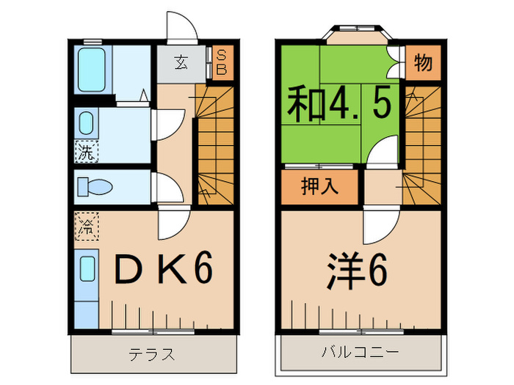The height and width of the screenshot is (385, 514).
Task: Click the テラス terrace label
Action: [152, 355]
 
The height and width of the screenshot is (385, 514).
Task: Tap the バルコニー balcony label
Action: [360, 353]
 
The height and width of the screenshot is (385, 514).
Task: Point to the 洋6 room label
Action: [357, 271]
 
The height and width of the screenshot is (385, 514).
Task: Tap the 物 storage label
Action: [422, 64]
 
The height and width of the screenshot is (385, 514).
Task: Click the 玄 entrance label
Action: [180, 62]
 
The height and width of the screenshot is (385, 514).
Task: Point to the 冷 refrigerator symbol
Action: [85, 227]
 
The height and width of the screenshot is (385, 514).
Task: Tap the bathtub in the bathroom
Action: [93, 68]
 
